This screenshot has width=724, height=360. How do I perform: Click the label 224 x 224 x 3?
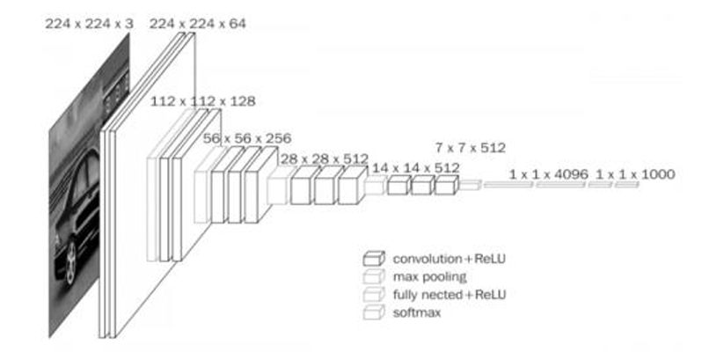(x=90, y=24)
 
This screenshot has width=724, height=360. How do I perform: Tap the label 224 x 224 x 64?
(x=198, y=24)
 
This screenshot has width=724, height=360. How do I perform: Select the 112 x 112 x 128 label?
(x=203, y=101)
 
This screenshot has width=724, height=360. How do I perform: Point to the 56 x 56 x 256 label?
(x=247, y=138)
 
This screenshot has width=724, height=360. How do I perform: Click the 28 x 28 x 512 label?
(x=324, y=158)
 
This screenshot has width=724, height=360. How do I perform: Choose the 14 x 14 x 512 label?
(x=415, y=167)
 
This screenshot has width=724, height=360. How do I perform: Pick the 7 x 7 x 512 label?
(x=471, y=147)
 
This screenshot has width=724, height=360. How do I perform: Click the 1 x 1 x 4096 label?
(x=546, y=175)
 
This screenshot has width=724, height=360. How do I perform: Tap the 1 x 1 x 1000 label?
(x=635, y=175)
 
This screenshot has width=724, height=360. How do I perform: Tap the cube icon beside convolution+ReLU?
(x=373, y=259)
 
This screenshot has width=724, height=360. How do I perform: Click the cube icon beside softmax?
(x=373, y=311)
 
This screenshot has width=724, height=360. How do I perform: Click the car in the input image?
(x=75, y=211)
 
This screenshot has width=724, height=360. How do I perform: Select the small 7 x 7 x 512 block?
(x=470, y=185)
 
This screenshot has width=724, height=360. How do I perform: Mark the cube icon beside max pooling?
(x=373, y=276)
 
